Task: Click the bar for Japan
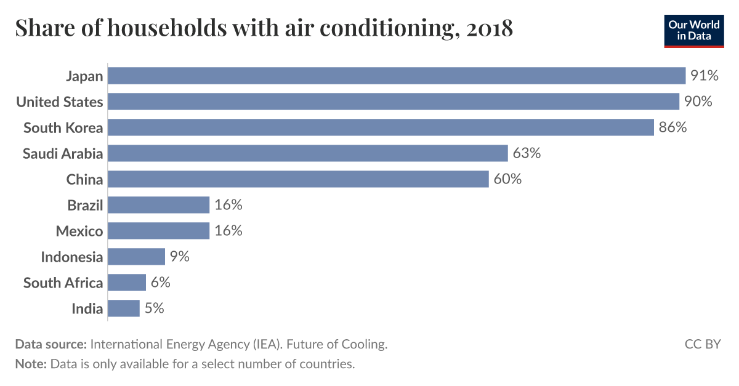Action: [x=397, y=76]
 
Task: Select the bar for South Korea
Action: [x=381, y=127]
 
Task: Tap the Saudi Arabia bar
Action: [x=308, y=153]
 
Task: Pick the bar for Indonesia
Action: [x=137, y=257]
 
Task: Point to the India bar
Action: [x=124, y=308]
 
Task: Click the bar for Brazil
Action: [x=159, y=205]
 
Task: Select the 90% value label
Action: [x=698, y=102]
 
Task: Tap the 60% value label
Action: [x=507, y=179]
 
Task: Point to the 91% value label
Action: [x=705, y=76]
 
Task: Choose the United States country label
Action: [x=60, y=102]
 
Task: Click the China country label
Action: [x=84, y=179]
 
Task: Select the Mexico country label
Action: [x=79, y=231]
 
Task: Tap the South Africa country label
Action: [x=63, y=283]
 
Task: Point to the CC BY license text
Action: [x=702, y=344]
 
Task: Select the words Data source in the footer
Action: [x=50, y=344]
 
